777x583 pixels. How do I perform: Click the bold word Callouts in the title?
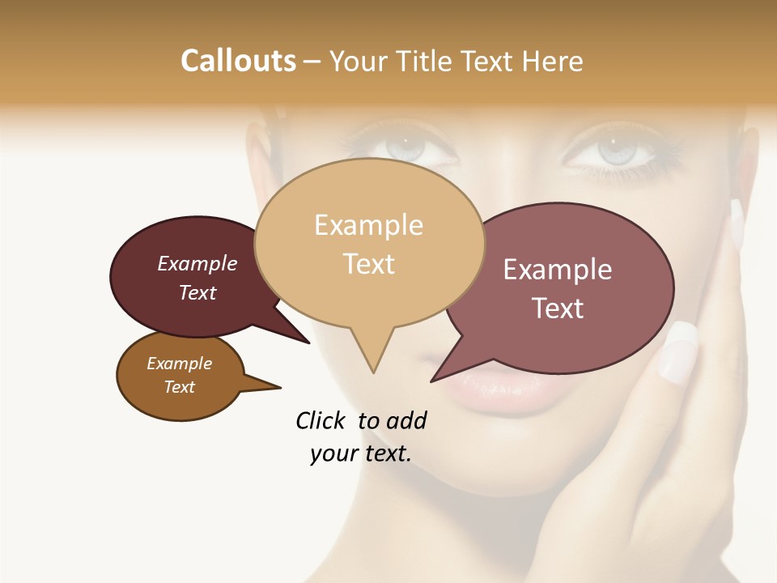(239, 61)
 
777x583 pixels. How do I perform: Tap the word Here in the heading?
(554, 61)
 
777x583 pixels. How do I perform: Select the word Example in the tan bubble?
(368, 225)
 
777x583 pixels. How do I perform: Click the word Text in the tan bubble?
(368, 263)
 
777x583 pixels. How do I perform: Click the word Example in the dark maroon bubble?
(197, 263)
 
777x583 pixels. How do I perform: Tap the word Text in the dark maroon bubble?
(197, 292)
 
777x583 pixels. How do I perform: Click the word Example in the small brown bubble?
(179, 364)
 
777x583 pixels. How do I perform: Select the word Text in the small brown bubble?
(179, 387)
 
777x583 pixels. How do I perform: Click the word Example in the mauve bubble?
(558, 270)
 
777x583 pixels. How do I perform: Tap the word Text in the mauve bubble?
(558, 309)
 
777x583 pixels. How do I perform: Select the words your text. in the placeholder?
(361, 453)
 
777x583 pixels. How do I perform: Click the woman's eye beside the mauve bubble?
(617, 151)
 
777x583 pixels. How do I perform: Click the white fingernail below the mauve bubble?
(678, 351)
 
